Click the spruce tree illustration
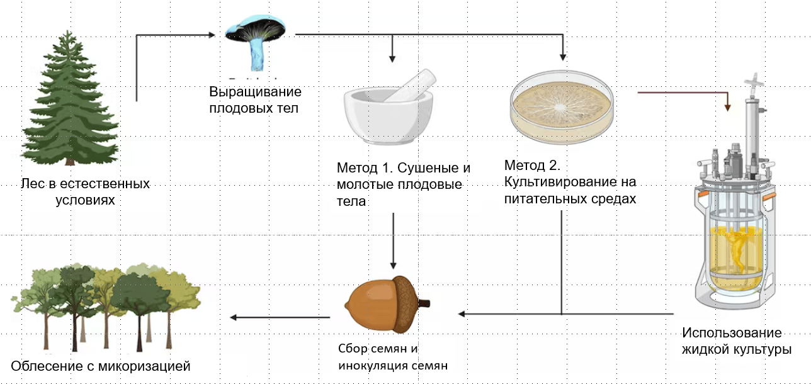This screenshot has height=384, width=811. (69, 101)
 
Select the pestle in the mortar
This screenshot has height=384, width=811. (412, 84)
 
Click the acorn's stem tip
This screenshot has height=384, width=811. (427, 303)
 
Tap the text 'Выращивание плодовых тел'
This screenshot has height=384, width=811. (256, 99)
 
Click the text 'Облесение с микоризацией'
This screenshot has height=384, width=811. (100, 365)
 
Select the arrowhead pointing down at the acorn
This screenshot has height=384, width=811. (393, 265)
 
